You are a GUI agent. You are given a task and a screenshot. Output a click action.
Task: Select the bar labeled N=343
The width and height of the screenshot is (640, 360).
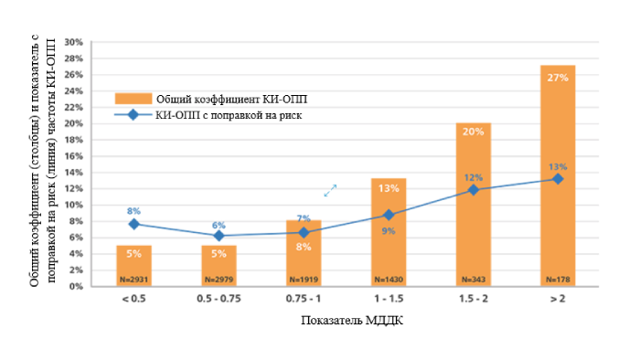pyautogui.click(x=473, y=210)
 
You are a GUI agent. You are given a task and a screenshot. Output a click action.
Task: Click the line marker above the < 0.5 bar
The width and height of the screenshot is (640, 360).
pyautogui.click(x=133, y=224)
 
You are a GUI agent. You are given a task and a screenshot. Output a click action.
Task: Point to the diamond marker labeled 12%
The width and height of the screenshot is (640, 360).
pyautogui.click(x=473, y=190)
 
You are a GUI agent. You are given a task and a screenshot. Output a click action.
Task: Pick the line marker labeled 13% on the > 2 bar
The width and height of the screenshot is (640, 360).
pyautogui.click(x=558, y=179)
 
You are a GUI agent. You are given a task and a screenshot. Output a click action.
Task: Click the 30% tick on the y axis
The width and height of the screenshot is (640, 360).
pyautogui.click(x=74, y=42)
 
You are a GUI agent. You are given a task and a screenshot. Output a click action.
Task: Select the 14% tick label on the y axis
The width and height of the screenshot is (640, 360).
pyautogui.click(x=74, y=172)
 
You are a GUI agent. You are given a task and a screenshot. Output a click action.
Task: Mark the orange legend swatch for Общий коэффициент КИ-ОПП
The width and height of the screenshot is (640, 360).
pyautogui.click(x=132, y=99)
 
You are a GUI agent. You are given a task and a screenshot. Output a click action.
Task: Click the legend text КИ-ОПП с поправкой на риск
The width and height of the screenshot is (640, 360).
pyautogui.click(x=229, y=115)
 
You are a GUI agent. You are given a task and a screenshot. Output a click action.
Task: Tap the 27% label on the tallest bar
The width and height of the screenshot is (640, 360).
pyautogui.click(x=558, y=78)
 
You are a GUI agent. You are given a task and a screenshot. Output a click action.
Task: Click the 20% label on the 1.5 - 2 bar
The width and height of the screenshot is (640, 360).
pyautogui.click(x=473, y=133)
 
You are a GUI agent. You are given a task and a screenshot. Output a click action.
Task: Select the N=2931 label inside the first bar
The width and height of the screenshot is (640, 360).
pyautogui.click(x=133, y=278)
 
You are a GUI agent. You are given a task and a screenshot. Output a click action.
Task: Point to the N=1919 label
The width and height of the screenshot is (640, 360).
pyautogui.click(x=304, y=278)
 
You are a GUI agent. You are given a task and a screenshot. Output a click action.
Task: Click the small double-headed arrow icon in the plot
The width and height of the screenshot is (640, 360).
pyautogui.click(x=330, y=190)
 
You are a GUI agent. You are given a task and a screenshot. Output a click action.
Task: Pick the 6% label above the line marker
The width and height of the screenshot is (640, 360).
pyautogui.click(x=219, y=225)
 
